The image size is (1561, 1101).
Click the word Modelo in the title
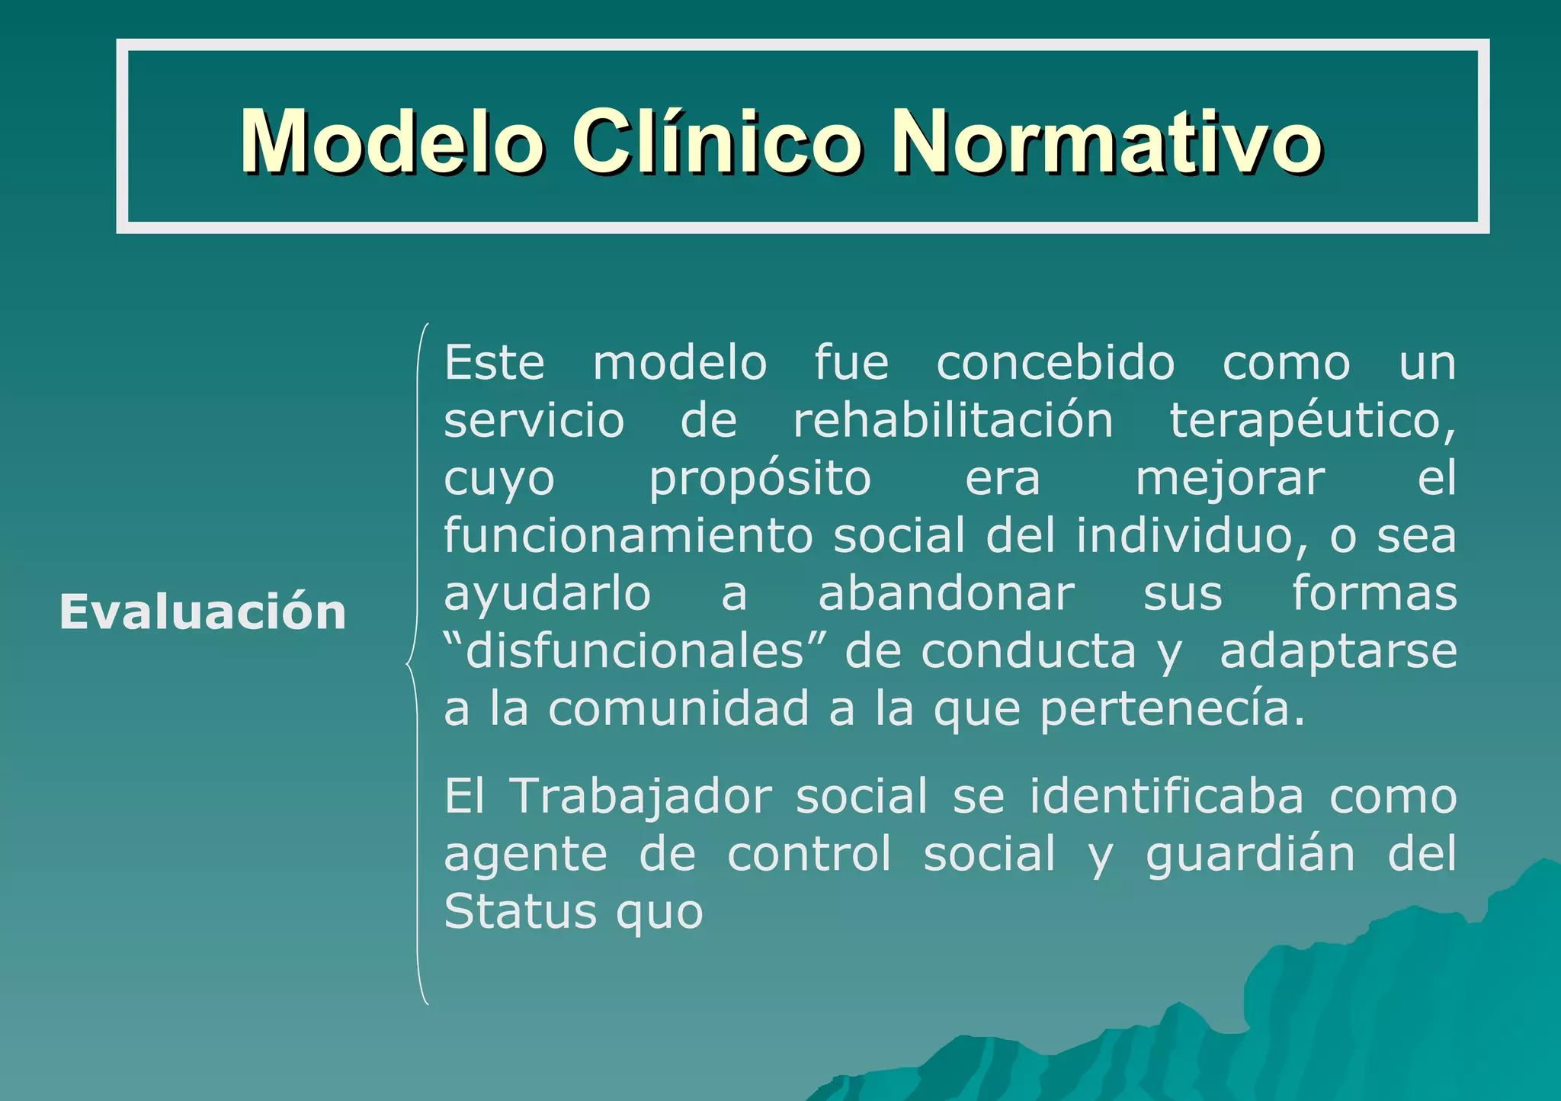[x=391, y=142]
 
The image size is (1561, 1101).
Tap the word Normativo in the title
[x=1106, y=142]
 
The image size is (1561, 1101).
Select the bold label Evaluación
[x=203, y=612]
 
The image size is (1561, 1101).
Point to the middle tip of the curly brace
[x=409, y=664]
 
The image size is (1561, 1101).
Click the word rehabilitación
[x=953, y=421]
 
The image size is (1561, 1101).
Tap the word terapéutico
[x=1312, y=421]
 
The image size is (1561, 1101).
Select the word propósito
[x=760, y=480]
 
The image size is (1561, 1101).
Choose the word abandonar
[x=946, y=594]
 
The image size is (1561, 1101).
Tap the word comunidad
[x=678, y=709]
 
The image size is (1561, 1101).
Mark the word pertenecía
[x=1172, y=709]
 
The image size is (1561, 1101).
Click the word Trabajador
[x=640, y=797]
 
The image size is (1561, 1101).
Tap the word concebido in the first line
[x=1055, y=363]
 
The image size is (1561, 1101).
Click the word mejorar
[x=1230, y=480]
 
